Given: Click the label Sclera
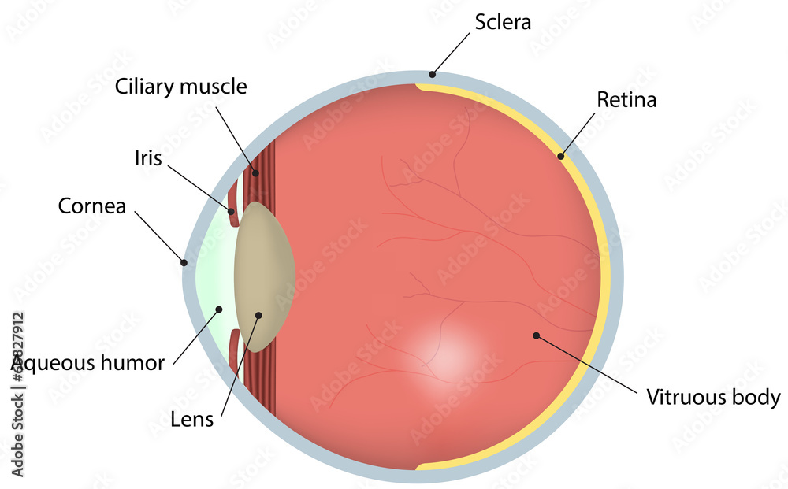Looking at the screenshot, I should tap(502, 21).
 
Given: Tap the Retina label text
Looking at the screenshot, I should tap(626, 100).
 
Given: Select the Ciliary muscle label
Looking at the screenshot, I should tap(180, 86).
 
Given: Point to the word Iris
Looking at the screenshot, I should tap(147, 158).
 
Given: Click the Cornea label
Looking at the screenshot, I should tap(92, 206).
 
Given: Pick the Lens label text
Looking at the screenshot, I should tap(191, 420).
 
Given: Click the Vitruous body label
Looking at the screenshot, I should tap(713, 397).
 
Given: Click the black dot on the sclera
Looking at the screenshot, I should tap(431, 76).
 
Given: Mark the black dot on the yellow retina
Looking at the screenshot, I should tap(561, 156).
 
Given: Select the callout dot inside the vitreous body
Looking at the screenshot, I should tap(536, 335).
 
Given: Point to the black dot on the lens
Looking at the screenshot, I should tap(258, 315).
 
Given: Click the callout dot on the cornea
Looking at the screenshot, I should tap(184, 262).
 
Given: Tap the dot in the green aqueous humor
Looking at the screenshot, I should tap(220, 309).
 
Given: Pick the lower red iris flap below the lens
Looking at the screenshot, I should tap(234, 351).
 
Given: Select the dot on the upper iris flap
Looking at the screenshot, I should tap(232, 210).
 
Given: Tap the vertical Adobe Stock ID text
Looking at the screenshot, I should tap(17, 394).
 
